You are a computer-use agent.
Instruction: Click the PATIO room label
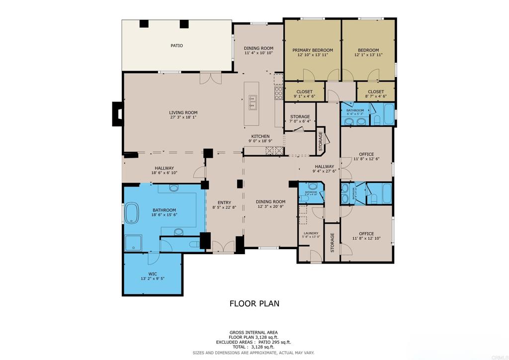[x=176, y=46]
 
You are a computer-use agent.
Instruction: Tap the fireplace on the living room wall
[x=118, y=113]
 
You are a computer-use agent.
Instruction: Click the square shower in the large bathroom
[x=133, y=243]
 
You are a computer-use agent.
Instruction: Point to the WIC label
[x=153, y=273]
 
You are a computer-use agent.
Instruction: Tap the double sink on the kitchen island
[x=252, y=102]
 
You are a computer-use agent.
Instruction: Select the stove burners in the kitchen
[x=278, y=93]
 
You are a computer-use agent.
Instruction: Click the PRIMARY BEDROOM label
[x=312, y=50]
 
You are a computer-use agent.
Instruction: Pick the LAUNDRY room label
[x=311, y=233]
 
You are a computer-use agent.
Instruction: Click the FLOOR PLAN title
[x=254, y=303]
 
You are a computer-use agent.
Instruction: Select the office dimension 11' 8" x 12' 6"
[x=366, y=160]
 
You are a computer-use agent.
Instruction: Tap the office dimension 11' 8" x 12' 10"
[x=366, y=239]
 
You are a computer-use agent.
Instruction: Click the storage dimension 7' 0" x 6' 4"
[x=300, y=121]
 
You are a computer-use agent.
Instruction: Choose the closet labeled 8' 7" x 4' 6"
[x=376, y=96]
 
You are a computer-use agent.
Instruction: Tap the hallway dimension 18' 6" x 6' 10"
[x=164, y=173]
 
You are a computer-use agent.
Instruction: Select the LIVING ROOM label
[x=183, y=113]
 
